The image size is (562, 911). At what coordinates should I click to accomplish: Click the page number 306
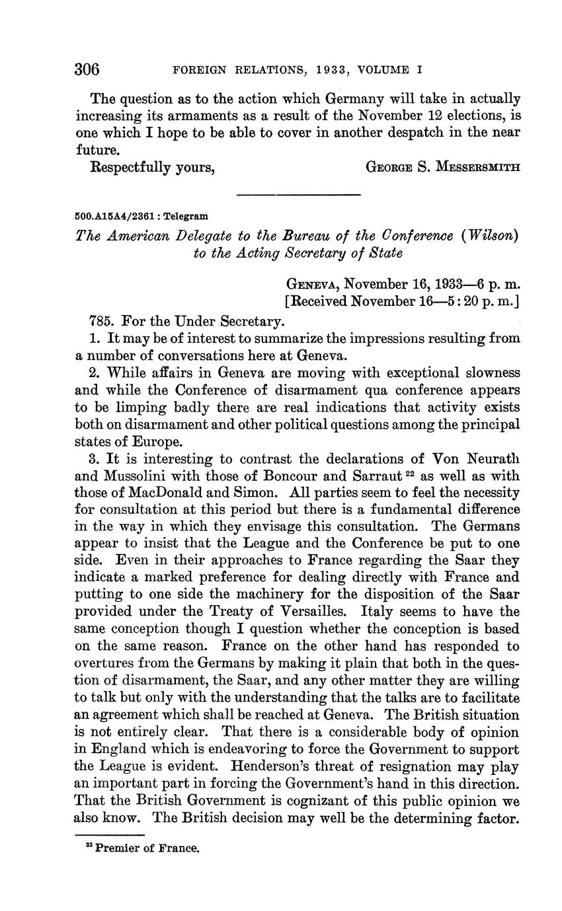(87, 68)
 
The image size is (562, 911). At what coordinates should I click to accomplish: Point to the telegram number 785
(101, 322)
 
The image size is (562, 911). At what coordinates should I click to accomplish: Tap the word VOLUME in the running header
(378, 69)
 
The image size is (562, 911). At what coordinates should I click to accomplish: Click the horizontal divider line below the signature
(298, 194)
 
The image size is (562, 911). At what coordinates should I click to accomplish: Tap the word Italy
(409, 612)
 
